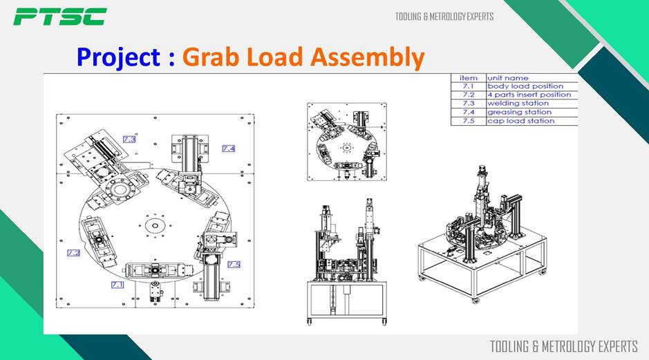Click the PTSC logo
(x=60, y=17)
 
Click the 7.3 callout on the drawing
(x=129, y=140)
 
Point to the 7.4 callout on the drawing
(x=229, y=149)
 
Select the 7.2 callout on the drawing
(x=73, y=253)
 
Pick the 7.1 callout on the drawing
(x=117, y=284)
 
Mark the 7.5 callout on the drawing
(x=234, y=265)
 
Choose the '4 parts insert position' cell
(x=529, y=95)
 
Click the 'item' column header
(x=468, y=78)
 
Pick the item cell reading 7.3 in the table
(x=468, y=103)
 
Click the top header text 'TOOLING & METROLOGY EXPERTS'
(x=444, y=17)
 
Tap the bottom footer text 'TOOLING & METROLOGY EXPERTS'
(x=564, y=346)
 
